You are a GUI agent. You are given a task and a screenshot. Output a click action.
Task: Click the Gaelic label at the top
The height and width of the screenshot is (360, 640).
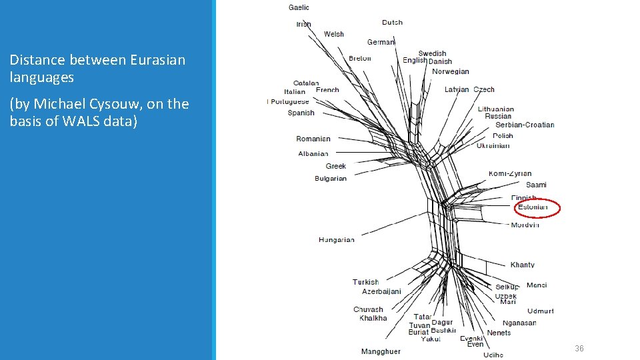click(x=299, y=7)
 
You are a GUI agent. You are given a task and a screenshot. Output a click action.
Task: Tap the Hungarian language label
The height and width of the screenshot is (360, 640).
click(x=337, y=239)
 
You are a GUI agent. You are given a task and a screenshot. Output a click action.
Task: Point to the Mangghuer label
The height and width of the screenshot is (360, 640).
click(x=381, y=351)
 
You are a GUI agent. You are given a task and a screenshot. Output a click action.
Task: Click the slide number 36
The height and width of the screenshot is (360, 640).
click(x=579, y=349)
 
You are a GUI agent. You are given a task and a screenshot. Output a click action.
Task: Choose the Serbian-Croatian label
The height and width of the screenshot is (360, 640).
click(x=525, y=125)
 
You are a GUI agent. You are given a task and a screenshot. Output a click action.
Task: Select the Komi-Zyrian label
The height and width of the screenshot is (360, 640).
click(x=510, y=173)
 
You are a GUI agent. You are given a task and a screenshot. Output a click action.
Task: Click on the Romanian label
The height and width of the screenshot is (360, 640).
click(x=313, y=139)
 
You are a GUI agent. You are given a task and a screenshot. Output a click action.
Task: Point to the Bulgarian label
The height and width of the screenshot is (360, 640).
click(x=331, y=179)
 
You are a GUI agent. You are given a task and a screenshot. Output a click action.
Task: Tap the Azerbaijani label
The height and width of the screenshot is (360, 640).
click(x=381, y=291)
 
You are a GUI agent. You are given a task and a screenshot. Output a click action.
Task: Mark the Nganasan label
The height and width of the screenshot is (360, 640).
click(x=519, y=323)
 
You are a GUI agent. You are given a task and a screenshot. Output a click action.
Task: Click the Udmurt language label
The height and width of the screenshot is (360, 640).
click(x=540, y=311)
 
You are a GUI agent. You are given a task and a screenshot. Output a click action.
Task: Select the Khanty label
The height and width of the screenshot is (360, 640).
click(x=523, y=265)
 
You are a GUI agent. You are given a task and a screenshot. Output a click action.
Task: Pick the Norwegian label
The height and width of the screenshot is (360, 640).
click(x=451, y=71)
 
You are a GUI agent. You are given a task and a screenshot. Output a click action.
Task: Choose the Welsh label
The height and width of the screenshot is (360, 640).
click(x=334, y=34)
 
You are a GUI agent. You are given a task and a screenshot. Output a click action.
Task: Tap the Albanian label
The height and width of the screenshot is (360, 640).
click(x=313, y=153)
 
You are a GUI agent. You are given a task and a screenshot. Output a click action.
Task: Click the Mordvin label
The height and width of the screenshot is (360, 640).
click(x=525, y=225)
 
